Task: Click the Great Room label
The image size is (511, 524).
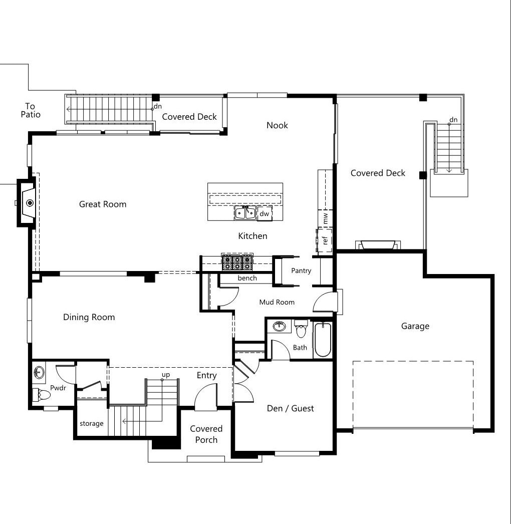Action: pyautogui.click(x=103, y=204)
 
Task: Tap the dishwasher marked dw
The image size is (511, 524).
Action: pyautogui.click(x=265, y=213)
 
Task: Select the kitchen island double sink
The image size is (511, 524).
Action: pyautogui.click(x=245, y=213)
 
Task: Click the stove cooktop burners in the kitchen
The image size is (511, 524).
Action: pyautogui.click(x=237, y=263)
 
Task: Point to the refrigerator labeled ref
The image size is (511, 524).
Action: pyautogui.click(x=325, y=240)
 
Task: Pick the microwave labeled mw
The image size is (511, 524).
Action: pyautogui.click(x=325, y=218)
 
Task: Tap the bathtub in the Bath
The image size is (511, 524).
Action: pyautogui.click(x=323, y=340)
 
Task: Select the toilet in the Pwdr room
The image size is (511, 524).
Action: pyautogui.click(x=41, y=395)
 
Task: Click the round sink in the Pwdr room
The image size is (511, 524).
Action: pyautogui.click(x=39, y=372)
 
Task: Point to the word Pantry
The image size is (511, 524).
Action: pyautogui.click(x=301, y=271)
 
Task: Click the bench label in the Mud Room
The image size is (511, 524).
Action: pyautogui.click(x=247, y=278)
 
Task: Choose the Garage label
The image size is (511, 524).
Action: pyautogui.click(x=415, y=326)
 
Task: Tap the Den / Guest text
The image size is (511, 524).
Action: pyautogui.click(x=291, y=408)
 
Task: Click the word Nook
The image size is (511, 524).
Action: pyautogui.click(x=277, y=125)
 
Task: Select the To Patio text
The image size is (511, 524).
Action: pyautogui.click(x=31, y=110)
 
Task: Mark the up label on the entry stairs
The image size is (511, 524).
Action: pyautogui.click(x=166, y=375)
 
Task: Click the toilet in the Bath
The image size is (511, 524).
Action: pyautogui.click(x=301, y=329)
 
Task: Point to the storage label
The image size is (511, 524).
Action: pyautogui.click(x=91, y=424)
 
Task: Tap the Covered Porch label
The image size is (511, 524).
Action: pyautogui.click(x=206, y=434)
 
